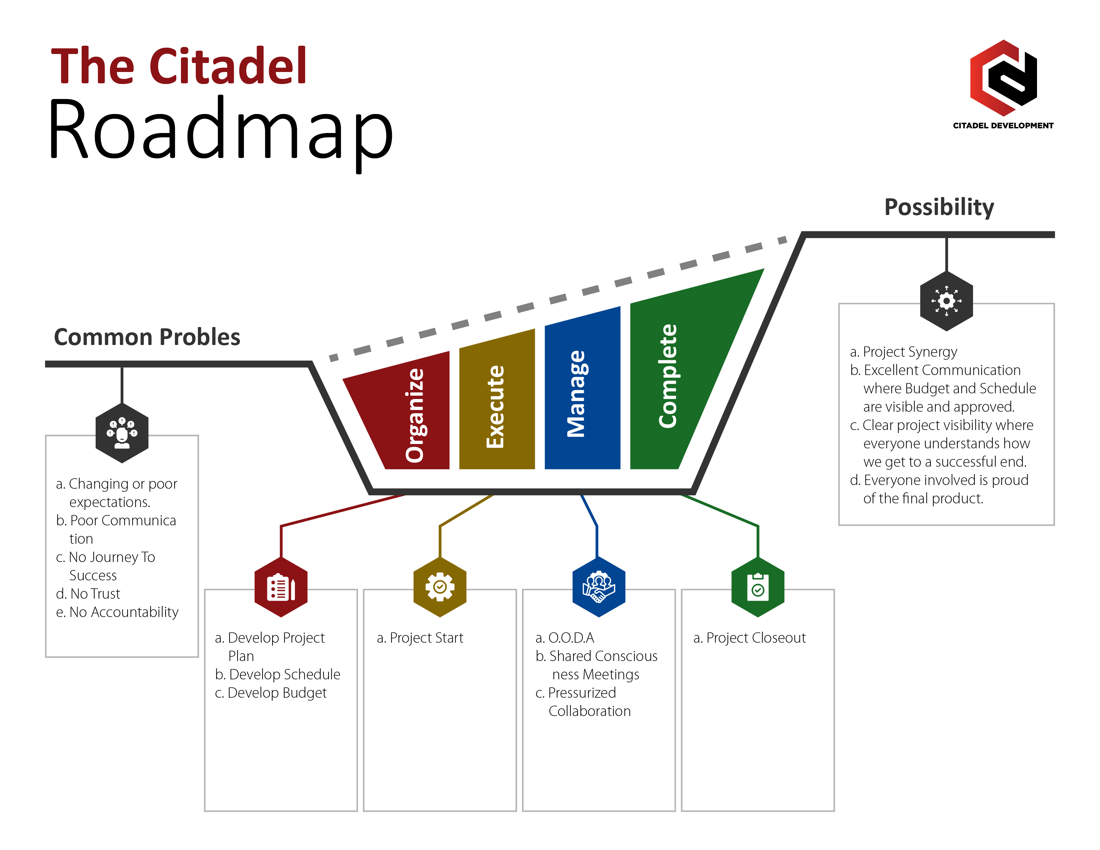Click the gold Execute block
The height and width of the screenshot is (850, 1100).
(x=497, y=403)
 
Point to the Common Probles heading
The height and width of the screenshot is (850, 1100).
(x=147, y=337)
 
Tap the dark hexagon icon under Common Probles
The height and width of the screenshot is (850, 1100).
(x=122, y=432)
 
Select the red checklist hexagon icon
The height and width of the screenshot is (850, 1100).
(x=281, y=587)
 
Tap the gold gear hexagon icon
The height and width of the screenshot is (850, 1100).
(x=440, y=587)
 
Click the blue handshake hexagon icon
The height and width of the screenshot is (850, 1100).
(x=598, y=587)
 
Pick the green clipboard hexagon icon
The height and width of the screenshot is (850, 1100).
(x=757, y=587)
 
